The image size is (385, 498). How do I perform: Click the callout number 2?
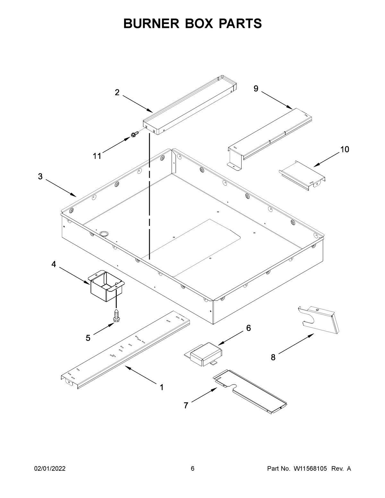pyautogui.click(x=117, y=93)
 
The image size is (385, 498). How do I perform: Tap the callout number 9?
pyautogui.click(x=256, y=89)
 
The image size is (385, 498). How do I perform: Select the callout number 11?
pyautogui.click(x=97, y=156)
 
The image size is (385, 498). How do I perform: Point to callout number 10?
pyautogui.click(x=345, y=149)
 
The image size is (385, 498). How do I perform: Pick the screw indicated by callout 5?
pyautogui.click(x=116, y=316)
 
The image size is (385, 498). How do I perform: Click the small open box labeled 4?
pyautogui.click(x=106, y=285)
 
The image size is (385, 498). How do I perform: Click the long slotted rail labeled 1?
pyautogui.click(x=125, y=350)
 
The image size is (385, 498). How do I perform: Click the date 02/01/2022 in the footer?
pyautogui.click(x=50, y=469)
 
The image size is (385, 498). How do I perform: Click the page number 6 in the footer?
pyautogui.click(x=193, y=469)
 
